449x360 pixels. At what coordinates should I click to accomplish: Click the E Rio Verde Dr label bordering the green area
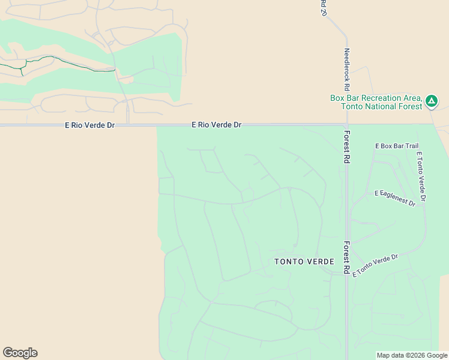216,125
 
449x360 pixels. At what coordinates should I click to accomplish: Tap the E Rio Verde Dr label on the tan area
89,125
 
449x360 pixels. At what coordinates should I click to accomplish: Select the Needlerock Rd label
346,69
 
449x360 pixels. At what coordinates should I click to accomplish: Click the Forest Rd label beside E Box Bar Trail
346,148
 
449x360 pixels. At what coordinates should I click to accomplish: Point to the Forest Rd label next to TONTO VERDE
346,258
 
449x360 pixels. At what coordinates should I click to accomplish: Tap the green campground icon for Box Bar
431,101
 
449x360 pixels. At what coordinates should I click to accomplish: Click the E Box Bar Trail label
396,146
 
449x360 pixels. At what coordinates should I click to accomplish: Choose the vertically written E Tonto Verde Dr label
421,176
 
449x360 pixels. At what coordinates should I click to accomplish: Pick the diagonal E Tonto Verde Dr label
376,265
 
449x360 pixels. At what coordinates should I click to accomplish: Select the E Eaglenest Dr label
395,198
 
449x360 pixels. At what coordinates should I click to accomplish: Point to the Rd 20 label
323,8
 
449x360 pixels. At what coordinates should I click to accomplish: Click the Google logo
20,353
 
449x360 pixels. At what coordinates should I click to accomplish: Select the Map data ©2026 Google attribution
412,355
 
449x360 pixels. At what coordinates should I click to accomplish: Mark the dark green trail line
72,64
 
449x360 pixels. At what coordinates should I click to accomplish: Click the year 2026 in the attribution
417,355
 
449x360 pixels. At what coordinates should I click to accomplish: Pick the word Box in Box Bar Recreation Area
337,98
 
